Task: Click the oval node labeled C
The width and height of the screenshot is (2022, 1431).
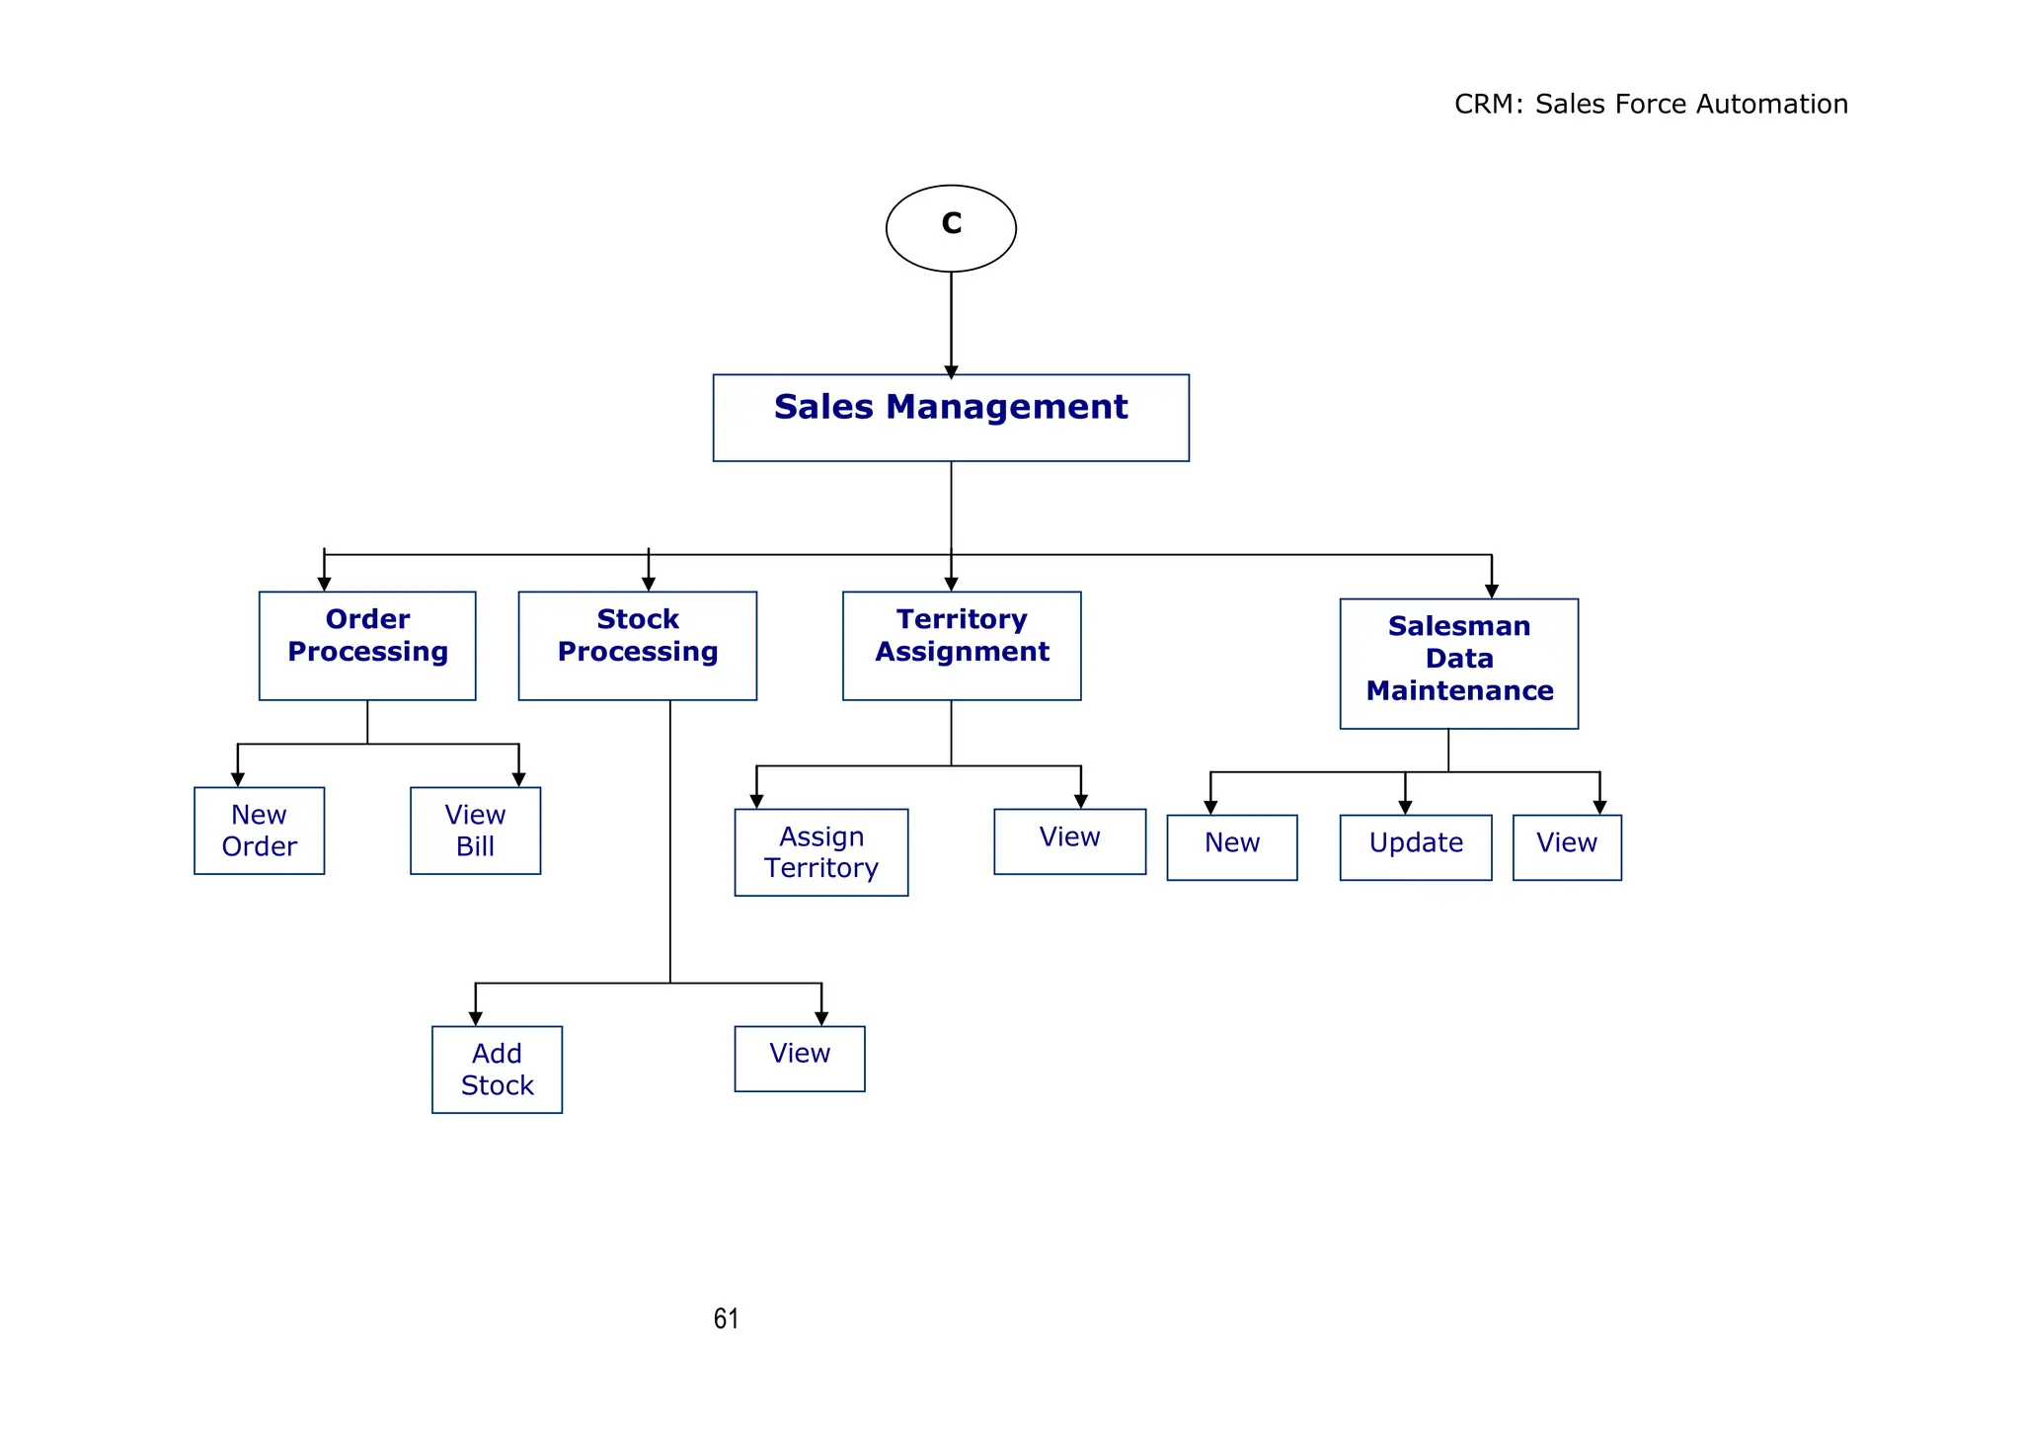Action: [951, 228]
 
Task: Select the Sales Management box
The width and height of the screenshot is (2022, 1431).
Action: [951, 418]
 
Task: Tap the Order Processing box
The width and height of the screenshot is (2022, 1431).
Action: [367, 646]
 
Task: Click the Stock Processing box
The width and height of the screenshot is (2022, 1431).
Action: [638, 646]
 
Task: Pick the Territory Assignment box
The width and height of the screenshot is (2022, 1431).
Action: [962, 646]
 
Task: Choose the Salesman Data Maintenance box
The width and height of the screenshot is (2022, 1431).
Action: [1458, 664]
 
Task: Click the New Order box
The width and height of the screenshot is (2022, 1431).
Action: [259, 831]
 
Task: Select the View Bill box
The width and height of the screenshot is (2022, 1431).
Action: [475, 831]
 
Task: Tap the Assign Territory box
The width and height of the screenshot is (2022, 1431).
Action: [820, 852]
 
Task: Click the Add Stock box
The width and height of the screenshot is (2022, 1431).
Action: [497, 1070]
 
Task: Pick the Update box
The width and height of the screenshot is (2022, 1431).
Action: [1415, 847]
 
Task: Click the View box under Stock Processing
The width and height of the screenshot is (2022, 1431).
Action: [800, 1059]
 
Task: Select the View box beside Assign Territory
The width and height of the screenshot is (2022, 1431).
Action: [1069, 841]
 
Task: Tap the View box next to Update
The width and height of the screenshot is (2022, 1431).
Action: [1567, 847]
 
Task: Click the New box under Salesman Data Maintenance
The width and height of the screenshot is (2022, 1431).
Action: [1231, 847]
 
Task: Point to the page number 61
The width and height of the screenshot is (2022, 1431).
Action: [726, 1319]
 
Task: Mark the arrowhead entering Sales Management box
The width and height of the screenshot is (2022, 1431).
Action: [951, 371]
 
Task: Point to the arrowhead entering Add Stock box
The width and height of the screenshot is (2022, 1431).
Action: [475, 1018]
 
